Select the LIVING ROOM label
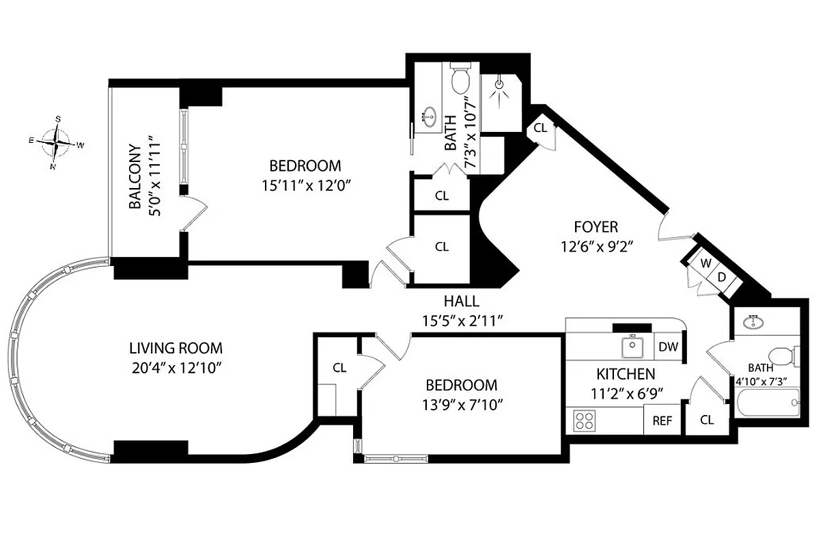pyautogui.click(x=177, y=348)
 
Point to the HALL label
pyautogui.click(x=461, y=301)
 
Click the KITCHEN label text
pyautogui.click(x=626, y=374)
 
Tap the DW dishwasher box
pyautogui.click(x=669, y=347)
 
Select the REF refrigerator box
pyautogui.click(x=662, y=421)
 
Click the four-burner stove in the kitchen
pyautogui.click(x=584, y=420)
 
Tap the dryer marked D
pyautogui.click(x=721, y=276)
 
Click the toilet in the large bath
pyautogui.click(x=461, y=79)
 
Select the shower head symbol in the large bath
pyautogui.click(x=501, y=85)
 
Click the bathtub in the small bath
pyautogui.click(x=768, y=407)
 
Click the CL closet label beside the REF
pyautogui.click(x=707, y=420)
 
